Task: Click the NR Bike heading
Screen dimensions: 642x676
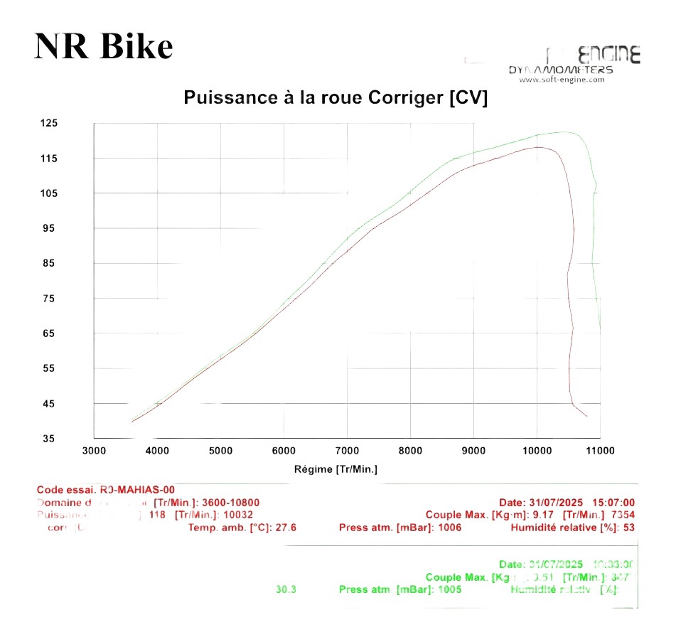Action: [104, 46]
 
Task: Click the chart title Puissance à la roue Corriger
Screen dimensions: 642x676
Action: [336, 98]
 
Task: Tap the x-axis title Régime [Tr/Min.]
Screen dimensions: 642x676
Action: [336, 469]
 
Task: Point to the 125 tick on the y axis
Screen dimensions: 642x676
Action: [48, 123]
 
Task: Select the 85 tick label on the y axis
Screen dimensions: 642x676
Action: [48, 264]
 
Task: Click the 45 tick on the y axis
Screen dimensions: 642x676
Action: [48, 404]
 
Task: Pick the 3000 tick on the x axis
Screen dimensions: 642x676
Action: [95, 451]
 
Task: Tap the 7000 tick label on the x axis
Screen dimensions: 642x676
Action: [347, 451]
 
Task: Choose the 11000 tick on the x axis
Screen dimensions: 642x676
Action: [600, 451]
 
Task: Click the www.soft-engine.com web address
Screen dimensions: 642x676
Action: [562, 80]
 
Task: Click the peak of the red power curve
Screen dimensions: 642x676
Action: [538, 147]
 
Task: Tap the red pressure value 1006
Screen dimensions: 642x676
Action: [450, 528]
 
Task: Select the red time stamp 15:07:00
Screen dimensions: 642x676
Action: [613, 503]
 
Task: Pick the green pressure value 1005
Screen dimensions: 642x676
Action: [450, 589]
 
